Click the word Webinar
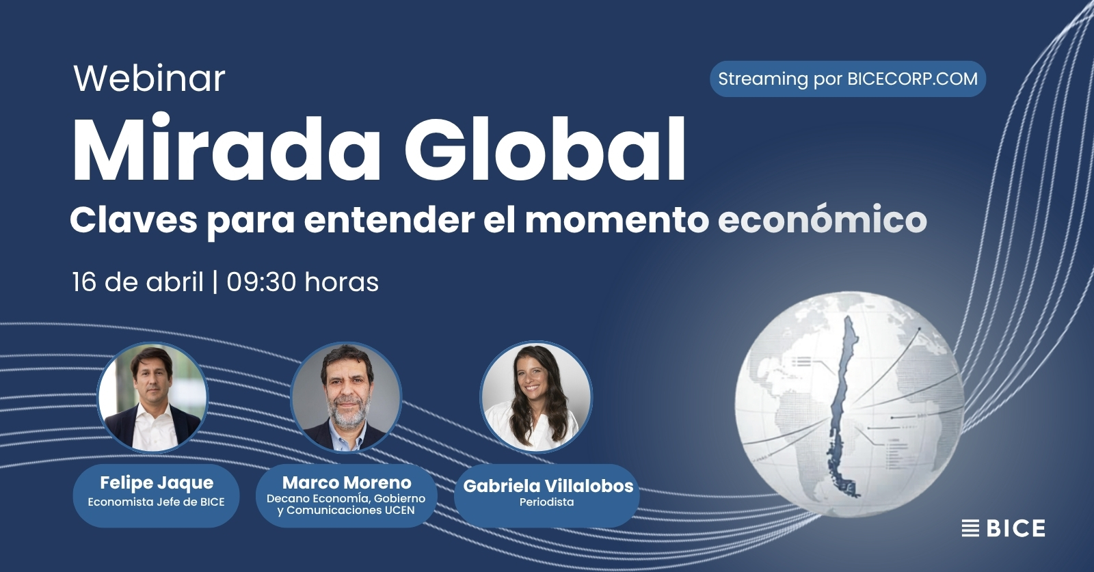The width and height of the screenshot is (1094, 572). (149, 79)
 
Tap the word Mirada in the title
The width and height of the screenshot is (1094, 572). (226, 150)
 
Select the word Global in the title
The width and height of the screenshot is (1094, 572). (545, 150)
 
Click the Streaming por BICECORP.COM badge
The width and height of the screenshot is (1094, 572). (847, 79)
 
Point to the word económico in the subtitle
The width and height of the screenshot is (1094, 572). (822, 220)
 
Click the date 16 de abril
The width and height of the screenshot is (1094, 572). (137, 282)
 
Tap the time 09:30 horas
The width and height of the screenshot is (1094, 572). (302, 282)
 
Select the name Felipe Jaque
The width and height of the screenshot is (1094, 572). (157, 482)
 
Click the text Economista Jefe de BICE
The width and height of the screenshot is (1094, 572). (156, 502)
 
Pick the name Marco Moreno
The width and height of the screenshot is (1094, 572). (347, 482)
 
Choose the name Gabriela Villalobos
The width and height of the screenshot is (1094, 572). (548, 486)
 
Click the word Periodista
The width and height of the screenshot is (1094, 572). (546, 502)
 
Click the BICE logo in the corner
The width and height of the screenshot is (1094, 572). (1003, 528)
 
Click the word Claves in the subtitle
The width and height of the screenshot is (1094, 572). (133, 220)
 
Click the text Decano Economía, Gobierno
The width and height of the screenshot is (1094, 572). (346, 498)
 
